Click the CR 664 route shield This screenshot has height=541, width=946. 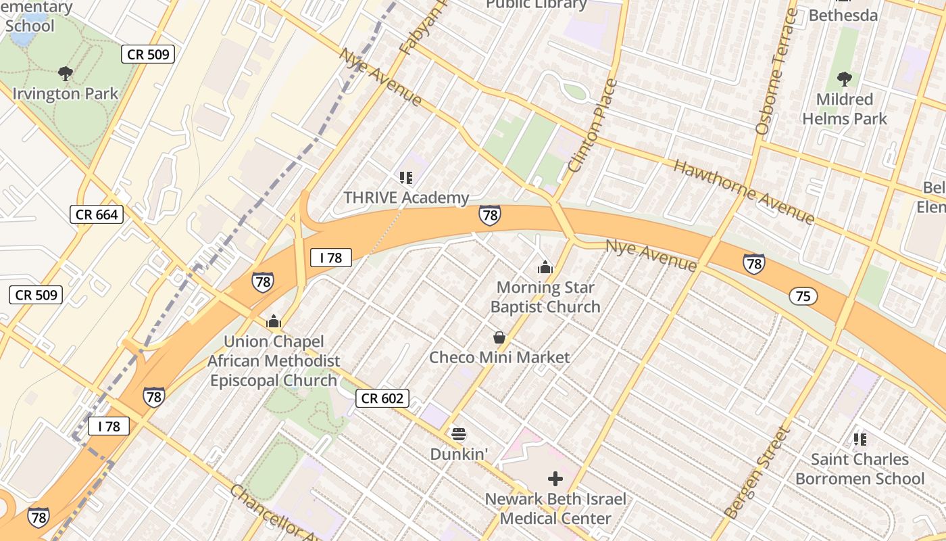97,215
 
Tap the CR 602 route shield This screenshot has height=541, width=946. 382,398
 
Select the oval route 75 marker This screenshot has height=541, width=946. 803,296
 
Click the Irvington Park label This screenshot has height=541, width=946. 66,93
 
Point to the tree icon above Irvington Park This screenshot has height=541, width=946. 66,73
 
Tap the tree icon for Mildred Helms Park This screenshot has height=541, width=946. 844,78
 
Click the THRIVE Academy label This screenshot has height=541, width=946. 406,197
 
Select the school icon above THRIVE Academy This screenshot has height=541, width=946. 406,178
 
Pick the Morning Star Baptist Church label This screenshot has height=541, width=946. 545,297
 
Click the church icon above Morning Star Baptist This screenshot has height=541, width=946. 545,268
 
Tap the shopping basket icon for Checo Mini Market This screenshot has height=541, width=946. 499,337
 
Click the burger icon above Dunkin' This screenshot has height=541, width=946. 459,433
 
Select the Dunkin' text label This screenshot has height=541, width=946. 459,454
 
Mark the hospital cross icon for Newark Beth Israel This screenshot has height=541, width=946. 555,479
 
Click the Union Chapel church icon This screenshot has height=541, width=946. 274,321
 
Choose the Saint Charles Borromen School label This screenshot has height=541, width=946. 860,469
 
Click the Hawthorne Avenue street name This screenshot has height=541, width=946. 744,191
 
